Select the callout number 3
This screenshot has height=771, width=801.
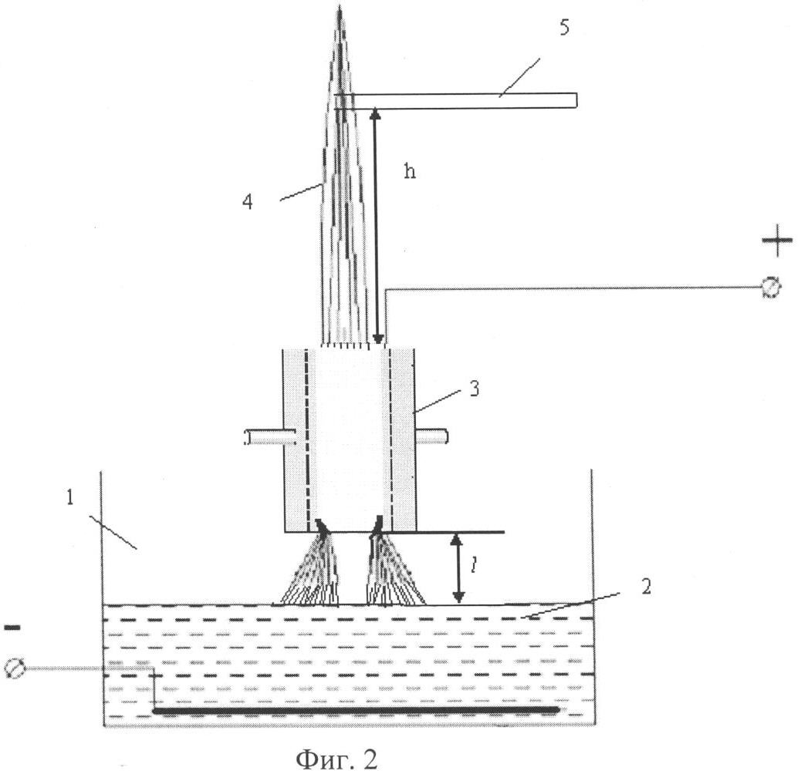tap(474, 388)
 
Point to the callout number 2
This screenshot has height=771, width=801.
tap(645, 586)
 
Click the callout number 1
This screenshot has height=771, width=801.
tap(69, 497)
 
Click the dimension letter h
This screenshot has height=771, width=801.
tap(410, 171)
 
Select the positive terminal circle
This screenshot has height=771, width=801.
tap(771, 288)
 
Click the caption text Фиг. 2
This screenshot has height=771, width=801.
tap(337, 759)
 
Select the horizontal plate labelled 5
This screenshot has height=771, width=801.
tap(463, 100)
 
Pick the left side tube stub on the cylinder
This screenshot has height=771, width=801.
tap(266, 437)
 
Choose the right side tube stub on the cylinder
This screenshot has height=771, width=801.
tap(432, 437)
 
